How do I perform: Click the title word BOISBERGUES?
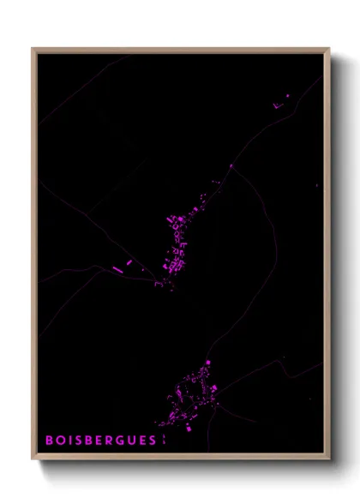coord(100,440)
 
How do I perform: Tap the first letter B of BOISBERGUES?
coord(49,440)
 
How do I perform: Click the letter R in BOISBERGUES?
coord(110,440)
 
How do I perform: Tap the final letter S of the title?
coord(153,440)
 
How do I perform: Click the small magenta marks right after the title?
coord(161,440)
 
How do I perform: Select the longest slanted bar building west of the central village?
coord(117,269)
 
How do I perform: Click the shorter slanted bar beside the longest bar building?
coord(129,262)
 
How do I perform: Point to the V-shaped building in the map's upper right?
coord(277,105)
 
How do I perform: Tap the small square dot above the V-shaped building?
coord(287,95)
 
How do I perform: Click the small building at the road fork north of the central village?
coord(231,166)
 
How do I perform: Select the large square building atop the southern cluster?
coord(207,363)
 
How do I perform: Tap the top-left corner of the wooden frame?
coord(33,50)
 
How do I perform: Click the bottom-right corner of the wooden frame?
coord(329,459)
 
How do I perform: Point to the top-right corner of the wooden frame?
coord(329,50)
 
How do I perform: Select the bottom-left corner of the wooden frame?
coord(33,459)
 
